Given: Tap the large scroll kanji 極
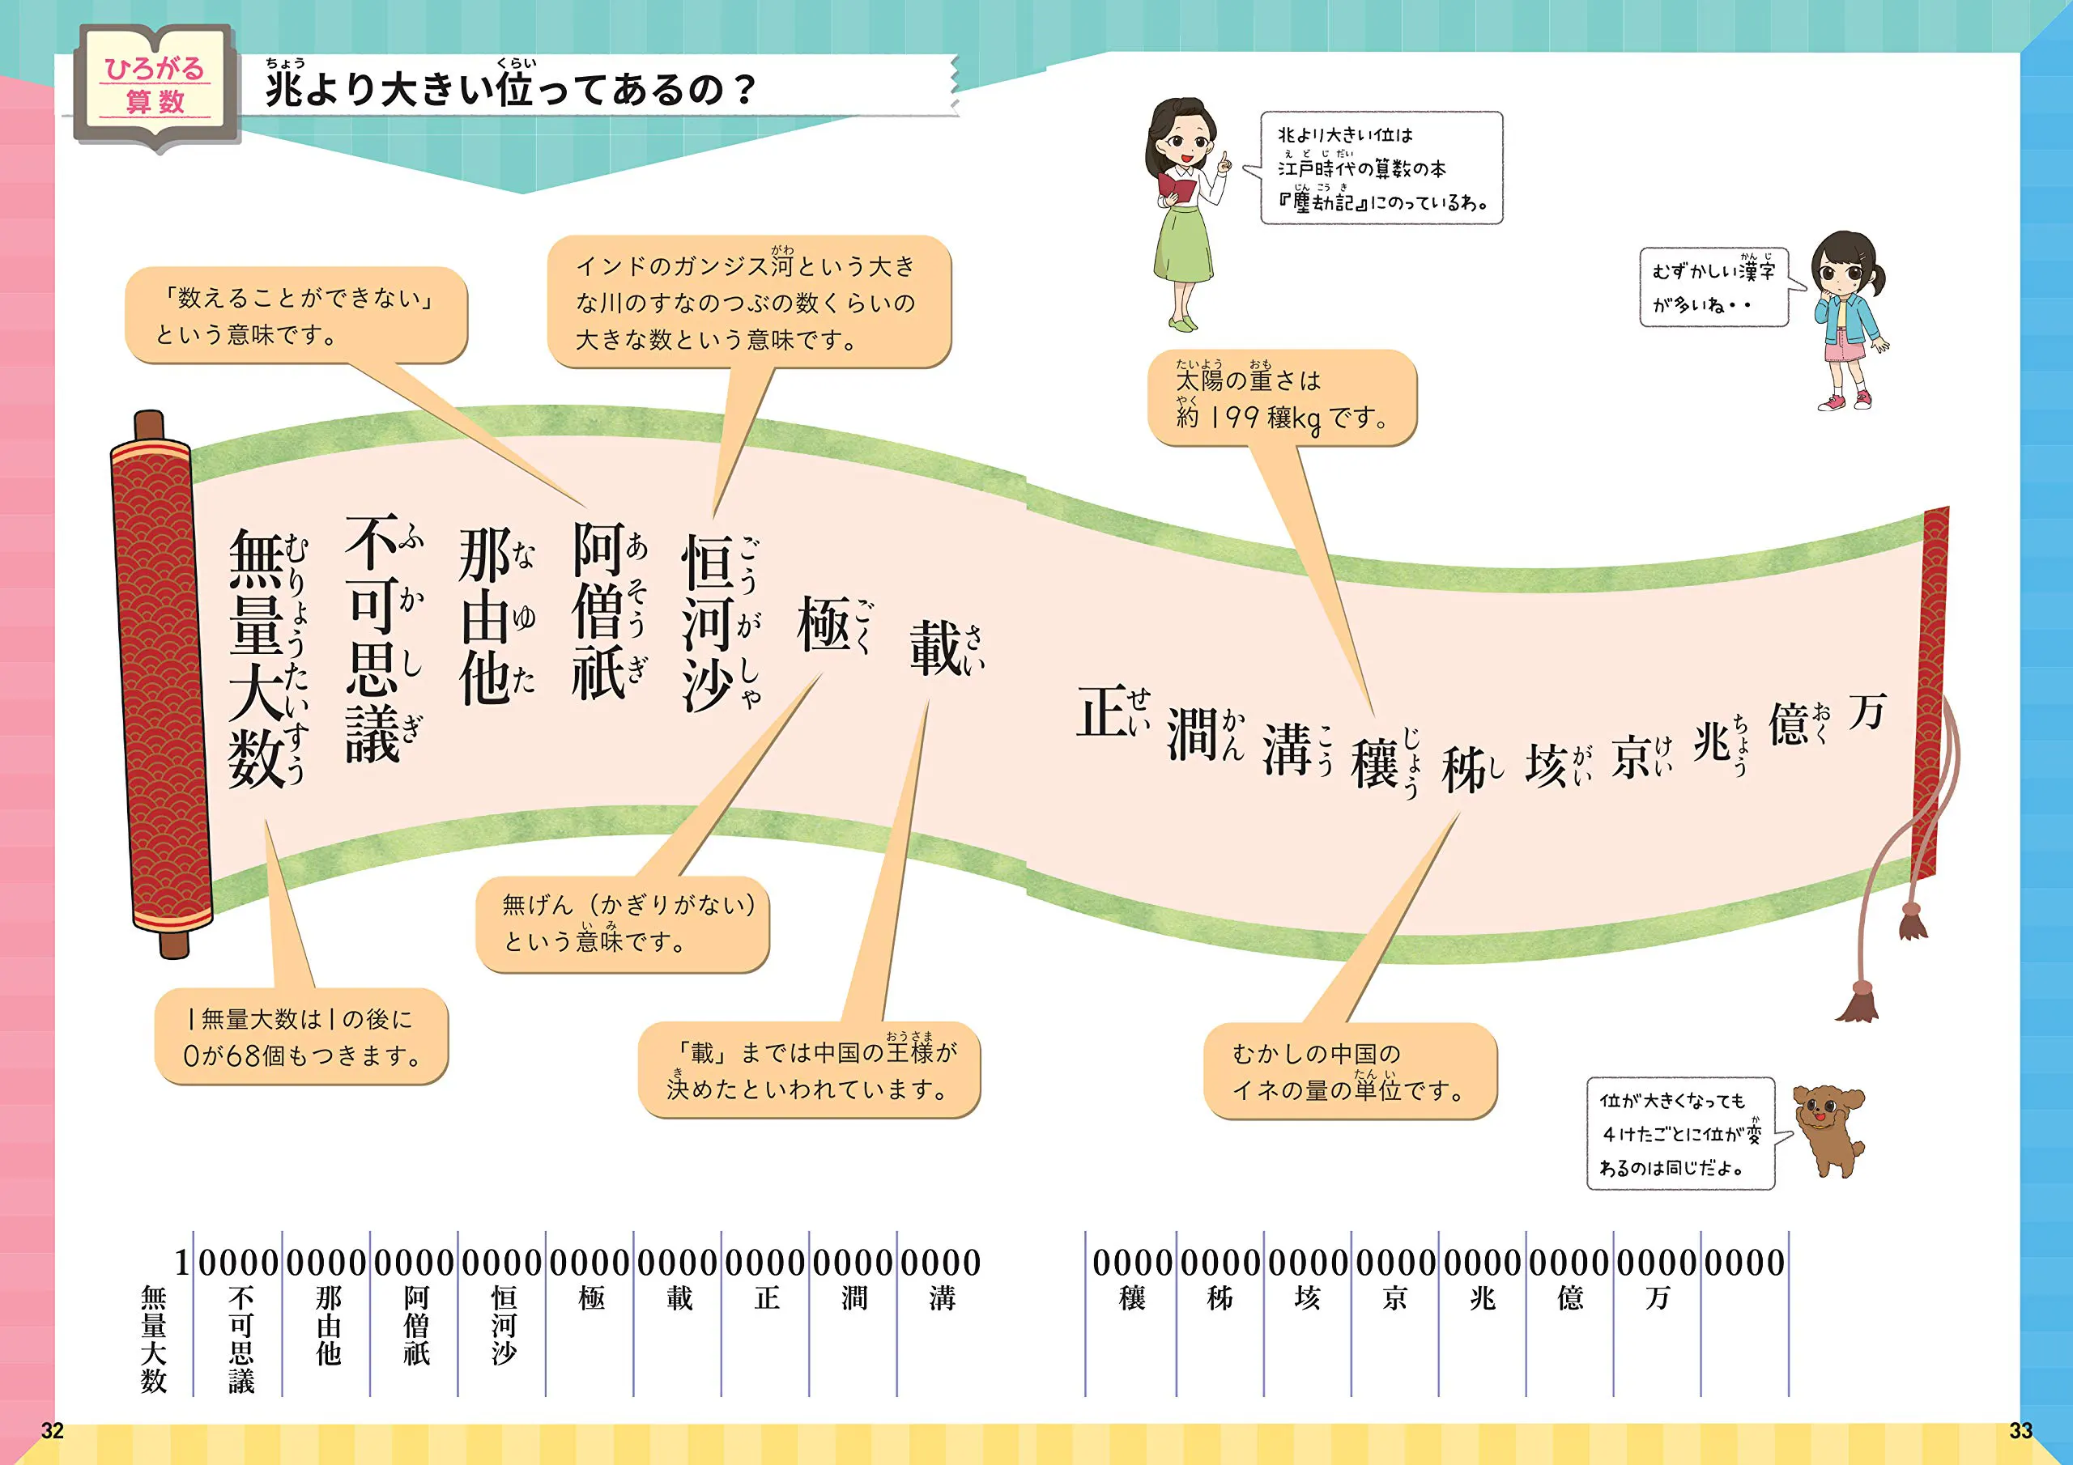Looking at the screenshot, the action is pyautogui.click(x=824, y=625).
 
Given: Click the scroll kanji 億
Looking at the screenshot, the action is pyautogui.click(x=1789, y=725).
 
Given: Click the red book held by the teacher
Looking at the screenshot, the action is pyautogui.click(x=1177, y=188).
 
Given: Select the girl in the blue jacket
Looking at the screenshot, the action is pyautogui.click(x=1848, y=320).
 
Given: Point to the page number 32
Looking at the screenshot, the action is pyautogui.click(x=53, y=1431).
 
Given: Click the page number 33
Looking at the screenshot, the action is pyautogui.click(x=2020, y=1431).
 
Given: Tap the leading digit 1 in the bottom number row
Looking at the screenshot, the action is pyautogui.click(x=182, y=1263).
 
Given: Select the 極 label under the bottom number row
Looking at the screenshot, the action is pyautogui.click(x=591, y=1298).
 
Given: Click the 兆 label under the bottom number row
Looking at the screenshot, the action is pyautogui.click(x=1483, y=1298).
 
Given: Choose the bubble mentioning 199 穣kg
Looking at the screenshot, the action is pyautogui.click(x=1282, y=398).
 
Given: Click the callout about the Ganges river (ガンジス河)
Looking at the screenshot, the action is pyautogui.click(x=748, y=303).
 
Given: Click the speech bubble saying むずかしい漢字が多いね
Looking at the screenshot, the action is pyautogui.click(x=1713, y=287).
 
